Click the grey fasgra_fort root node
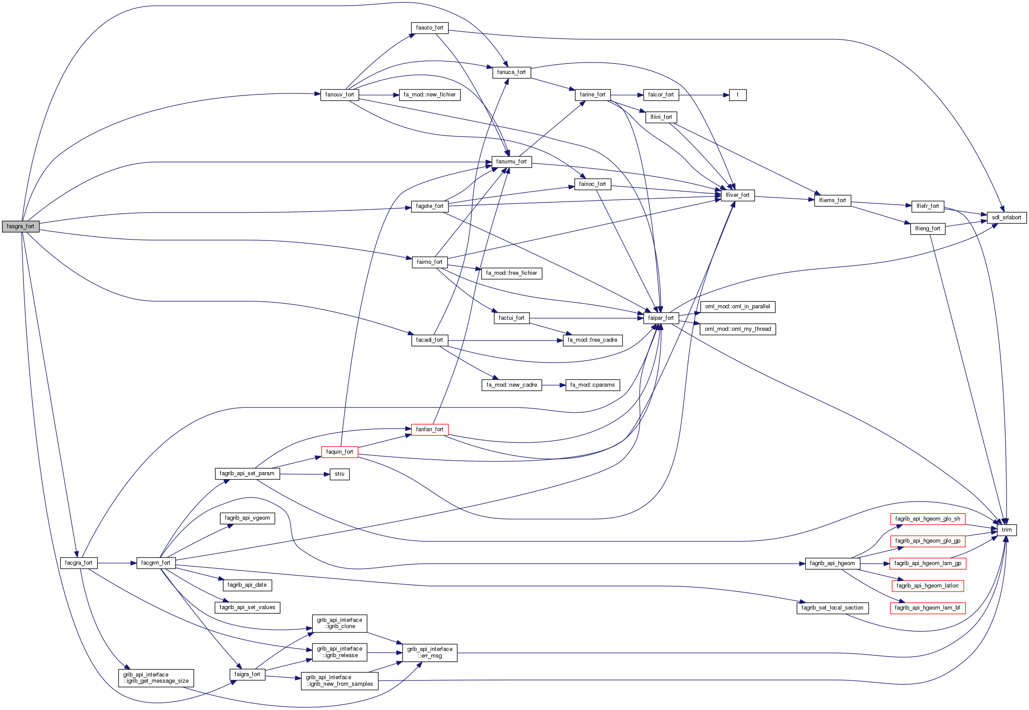20,226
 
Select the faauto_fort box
429,28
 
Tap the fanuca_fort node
511,72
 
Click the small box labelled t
737,95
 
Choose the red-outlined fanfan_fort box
429,429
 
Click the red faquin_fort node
340,452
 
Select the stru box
340,474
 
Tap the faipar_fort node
661,318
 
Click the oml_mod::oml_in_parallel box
737,307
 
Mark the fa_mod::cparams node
592,385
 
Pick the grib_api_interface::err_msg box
429,653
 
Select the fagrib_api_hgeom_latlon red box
927,586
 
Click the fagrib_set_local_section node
832,608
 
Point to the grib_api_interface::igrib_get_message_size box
155,678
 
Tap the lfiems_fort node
832,201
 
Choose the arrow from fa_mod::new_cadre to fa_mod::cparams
553,385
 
